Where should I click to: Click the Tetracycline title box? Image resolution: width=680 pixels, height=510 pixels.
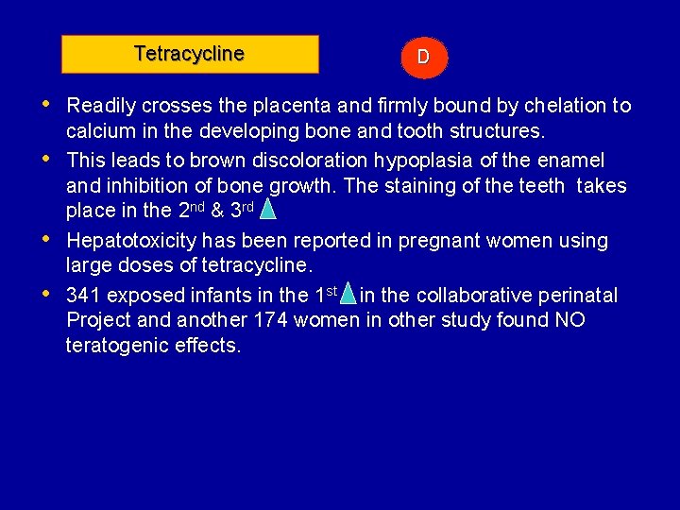[x=190, y=55]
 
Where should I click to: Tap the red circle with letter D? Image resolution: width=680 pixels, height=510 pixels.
[x=423, y=57]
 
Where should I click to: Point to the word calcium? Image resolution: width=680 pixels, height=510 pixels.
[x=98, y=131]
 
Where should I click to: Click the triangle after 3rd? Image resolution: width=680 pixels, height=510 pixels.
[x=267, y=208]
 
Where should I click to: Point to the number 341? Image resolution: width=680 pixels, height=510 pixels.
[x=85, y=296]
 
